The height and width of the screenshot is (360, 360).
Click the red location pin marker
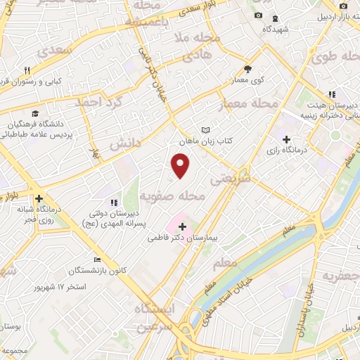[x=181, y=165]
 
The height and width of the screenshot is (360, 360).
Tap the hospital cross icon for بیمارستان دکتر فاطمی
[x=183, y=226]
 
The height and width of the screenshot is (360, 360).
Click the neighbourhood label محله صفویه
[x=172, y=196]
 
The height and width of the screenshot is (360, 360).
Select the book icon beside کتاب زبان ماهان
[x=205, y=130]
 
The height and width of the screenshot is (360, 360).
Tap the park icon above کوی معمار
[x=247, y=69]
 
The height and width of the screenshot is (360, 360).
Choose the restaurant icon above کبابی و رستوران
[x=27, y=70]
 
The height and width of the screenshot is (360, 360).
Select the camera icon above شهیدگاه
[x=258, y=16]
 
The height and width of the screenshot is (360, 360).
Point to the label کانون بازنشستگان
[x=98, y=271]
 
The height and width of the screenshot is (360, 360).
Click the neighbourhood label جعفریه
[x=340, y=276]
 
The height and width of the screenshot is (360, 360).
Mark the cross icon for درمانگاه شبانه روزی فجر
[x=39, y=199]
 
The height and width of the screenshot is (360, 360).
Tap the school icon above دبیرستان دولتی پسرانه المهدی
[x=115, y=202]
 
